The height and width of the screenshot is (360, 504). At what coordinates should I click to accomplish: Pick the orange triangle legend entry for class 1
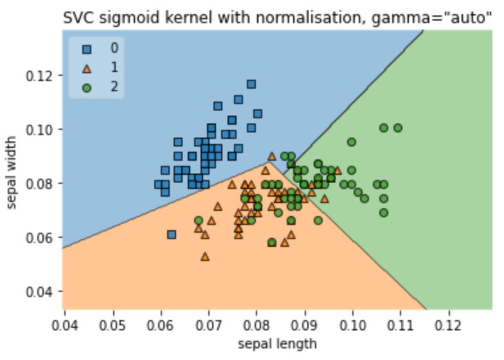pyautogui.click(x=87, y=67)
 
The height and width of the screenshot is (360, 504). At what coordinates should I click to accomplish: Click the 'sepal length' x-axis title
pyautogui.click(x=277, y=343)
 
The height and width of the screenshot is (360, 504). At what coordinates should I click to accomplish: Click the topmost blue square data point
pyautogui.click(x=251, y=84)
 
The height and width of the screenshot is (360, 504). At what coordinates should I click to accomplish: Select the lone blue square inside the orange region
pyautogui.click(x=171, y=235)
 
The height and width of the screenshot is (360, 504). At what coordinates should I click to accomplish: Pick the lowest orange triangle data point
pyautogui.click(x=205, y=256)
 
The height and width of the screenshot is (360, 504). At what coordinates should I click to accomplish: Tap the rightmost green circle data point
pyautogui.click(x=398, y=128)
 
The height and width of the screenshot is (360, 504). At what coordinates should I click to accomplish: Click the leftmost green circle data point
pyautogui.click(x=199, y=221)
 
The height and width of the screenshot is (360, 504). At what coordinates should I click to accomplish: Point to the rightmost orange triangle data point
pyautogui.click(x=337, y=171)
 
